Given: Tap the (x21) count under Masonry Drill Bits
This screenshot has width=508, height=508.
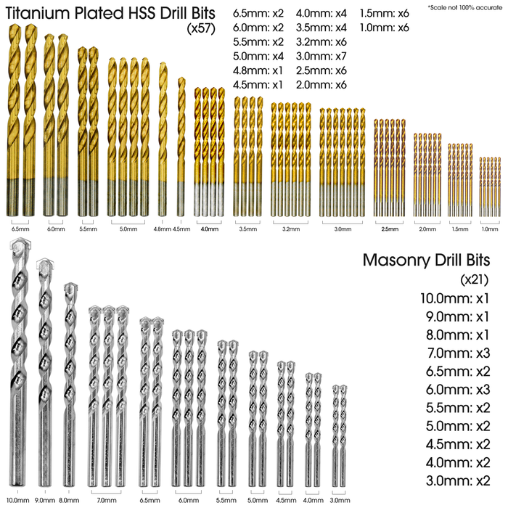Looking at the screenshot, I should click(x=475, y=279).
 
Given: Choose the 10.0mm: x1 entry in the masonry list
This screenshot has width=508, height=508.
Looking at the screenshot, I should click(x=455, y=298).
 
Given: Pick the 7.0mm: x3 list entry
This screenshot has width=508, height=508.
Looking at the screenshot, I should click(x=455, y=353).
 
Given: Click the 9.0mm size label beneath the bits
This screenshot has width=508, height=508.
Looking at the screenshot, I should click(x=44, y=500).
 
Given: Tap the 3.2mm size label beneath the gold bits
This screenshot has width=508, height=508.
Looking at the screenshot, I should click(x=290, y=229).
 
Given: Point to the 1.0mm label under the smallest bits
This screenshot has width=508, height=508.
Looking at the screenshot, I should click(x=491, y=229).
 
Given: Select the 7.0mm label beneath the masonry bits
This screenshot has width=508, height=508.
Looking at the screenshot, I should click(x=107, y=500).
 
